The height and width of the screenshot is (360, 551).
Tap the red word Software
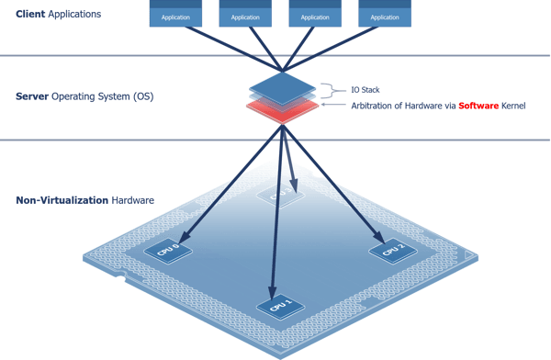tap(475, 106)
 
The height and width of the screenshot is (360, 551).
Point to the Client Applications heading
tap(58, 14)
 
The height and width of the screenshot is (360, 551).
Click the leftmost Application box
tap(176, 16)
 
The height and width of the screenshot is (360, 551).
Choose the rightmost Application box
tap(384, 16)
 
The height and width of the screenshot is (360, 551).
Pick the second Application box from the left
tap(245, 16)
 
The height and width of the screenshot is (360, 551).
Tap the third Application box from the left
tap(315, 16)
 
